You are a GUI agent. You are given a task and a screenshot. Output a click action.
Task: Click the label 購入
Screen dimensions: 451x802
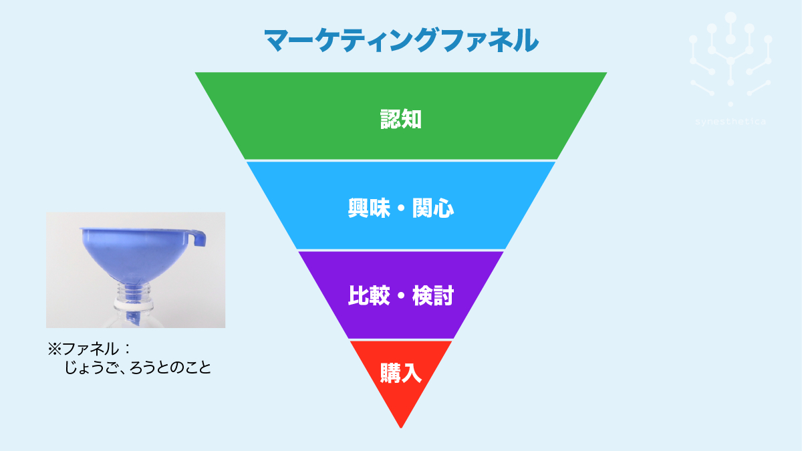click(401, 373)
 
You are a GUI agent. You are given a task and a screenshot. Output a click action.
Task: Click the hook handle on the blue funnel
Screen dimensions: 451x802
click(198, 237)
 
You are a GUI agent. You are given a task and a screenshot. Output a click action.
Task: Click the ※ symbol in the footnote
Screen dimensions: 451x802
click(54, 349)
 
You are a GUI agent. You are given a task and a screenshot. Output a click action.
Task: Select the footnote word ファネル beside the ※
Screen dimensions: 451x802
click(90, 349)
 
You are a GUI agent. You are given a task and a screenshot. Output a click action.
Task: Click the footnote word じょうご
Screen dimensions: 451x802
click(88, 367)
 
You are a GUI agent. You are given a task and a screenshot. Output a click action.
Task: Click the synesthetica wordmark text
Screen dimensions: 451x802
click(730, 122)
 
